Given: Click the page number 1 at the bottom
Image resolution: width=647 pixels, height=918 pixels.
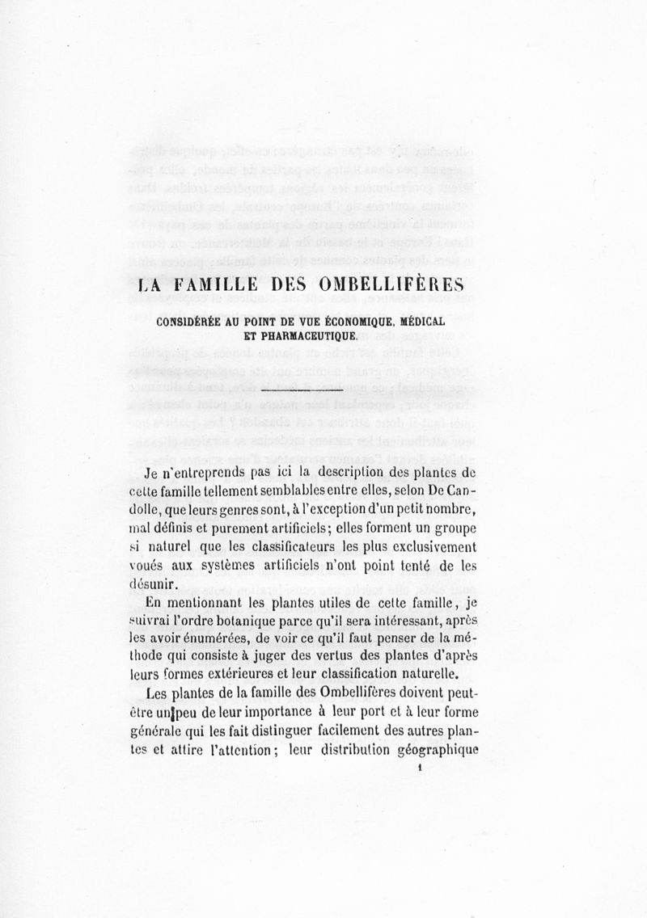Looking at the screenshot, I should pos(421,770).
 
